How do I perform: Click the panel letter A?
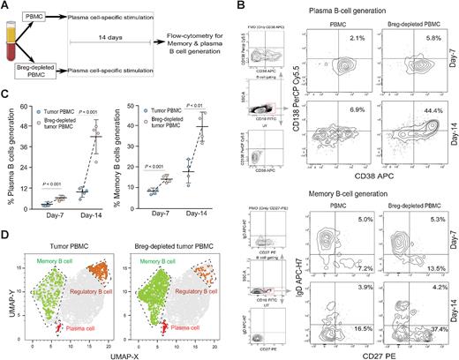[7, 7]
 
